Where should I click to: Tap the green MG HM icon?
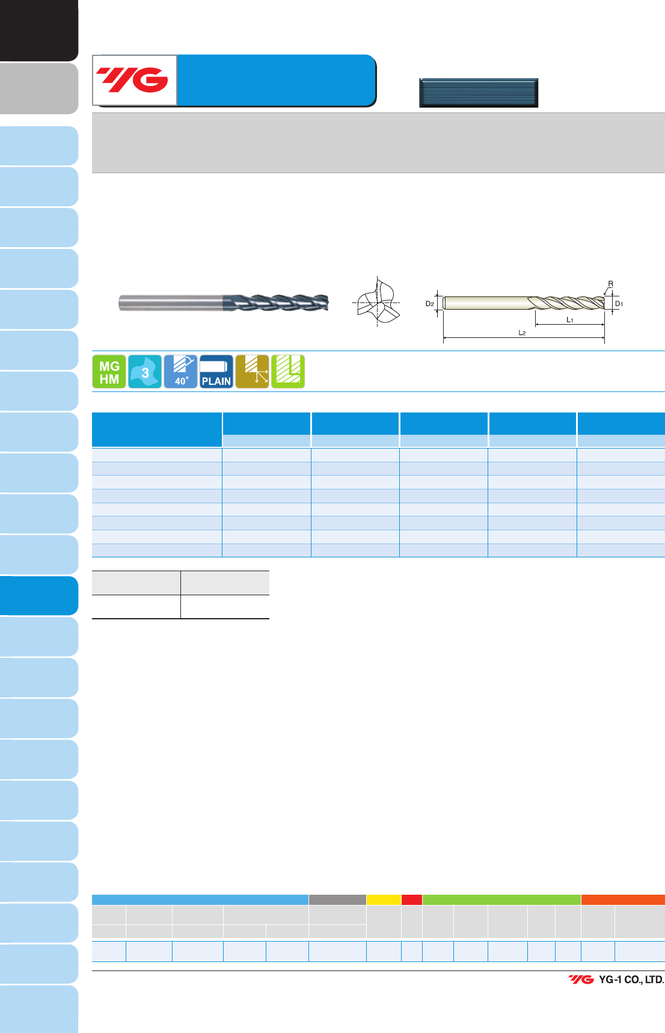click(109, 372)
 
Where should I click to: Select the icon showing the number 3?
click(145, 372)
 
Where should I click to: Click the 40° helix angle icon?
click(180, 372)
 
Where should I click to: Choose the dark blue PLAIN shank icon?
click(216, 372)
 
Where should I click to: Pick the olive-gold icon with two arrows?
click(252, 372)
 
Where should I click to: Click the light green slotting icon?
click(288, 372)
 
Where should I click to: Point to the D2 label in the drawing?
click(430, 304)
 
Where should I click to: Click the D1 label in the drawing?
click(619, 304)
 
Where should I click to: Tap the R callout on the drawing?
click(611, 284)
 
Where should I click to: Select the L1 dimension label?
click(570, 320)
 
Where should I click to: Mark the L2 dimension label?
click(522, 333)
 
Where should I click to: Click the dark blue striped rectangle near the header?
click(479, 93)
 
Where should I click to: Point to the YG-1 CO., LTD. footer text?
click(631, 979)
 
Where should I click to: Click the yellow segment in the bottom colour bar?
click(384, 900)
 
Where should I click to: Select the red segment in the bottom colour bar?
click(412, 900)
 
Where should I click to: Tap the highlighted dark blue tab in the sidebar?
click(39, 596)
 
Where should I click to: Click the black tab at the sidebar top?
click(39, 30)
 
